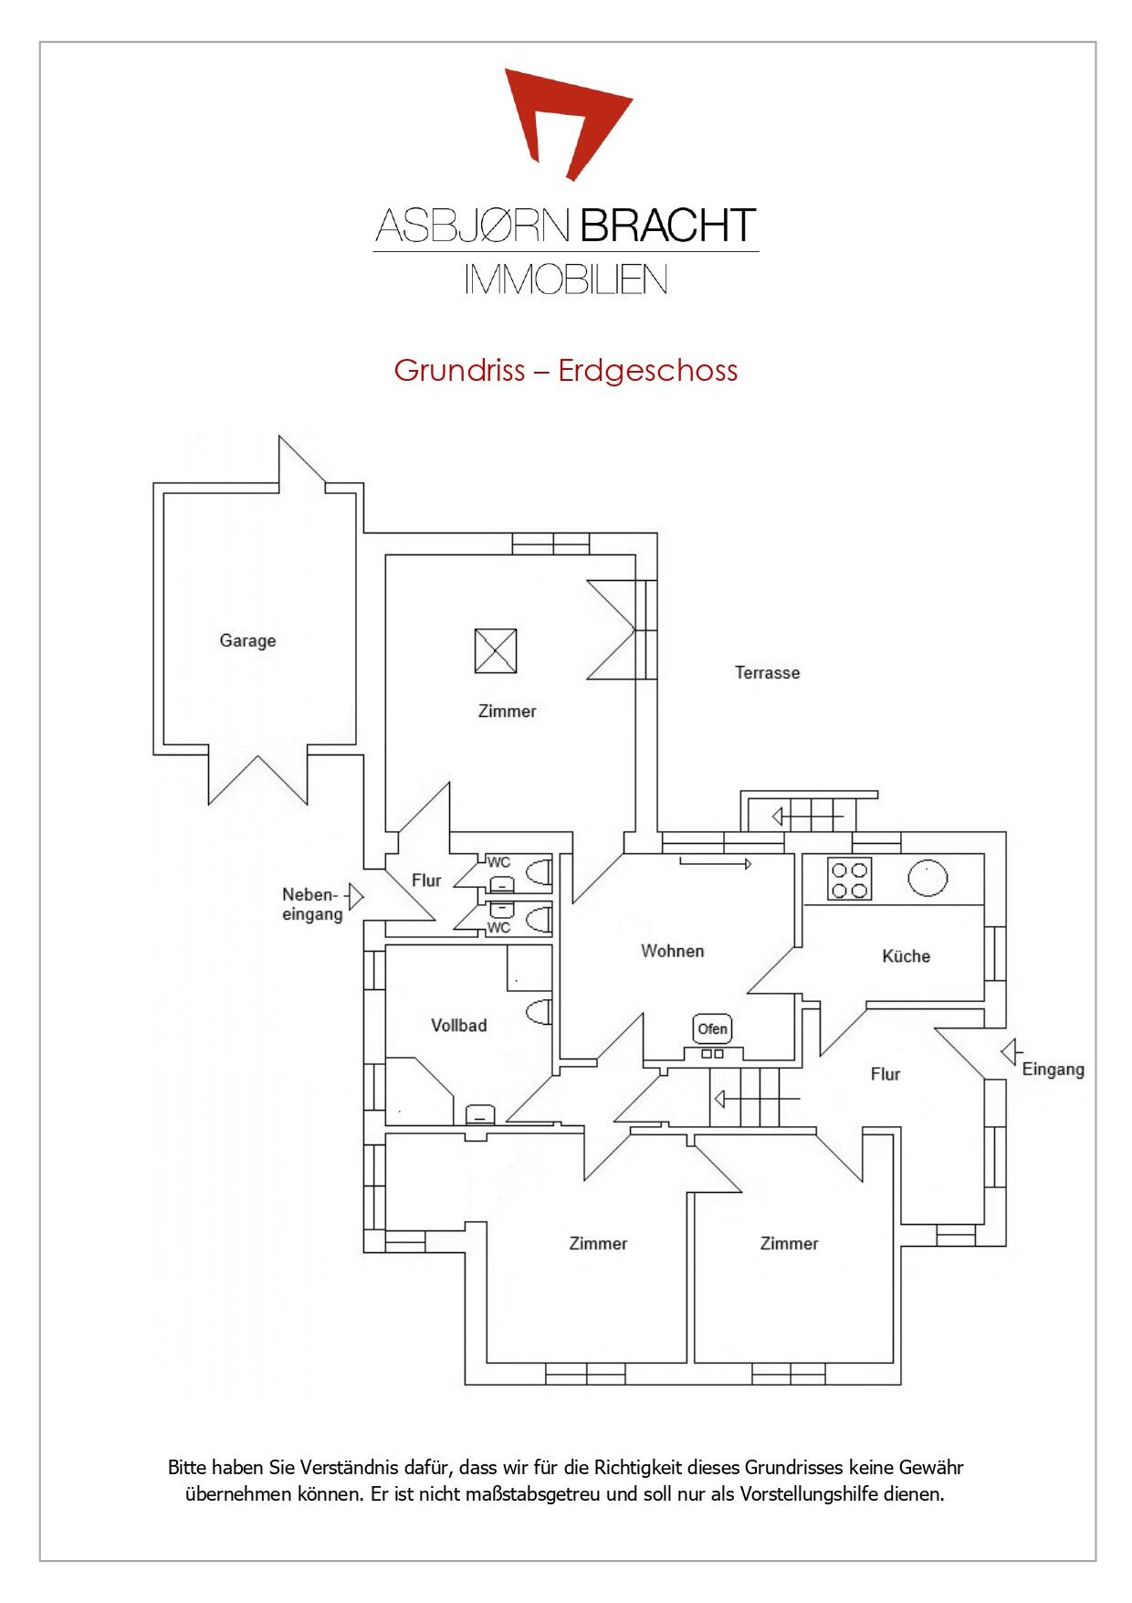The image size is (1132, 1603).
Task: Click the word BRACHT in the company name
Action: click(x=668, y=226)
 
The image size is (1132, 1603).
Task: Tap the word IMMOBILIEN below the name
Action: click(x=566, y=279)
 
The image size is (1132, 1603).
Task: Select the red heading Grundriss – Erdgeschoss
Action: click(x=566, y=371)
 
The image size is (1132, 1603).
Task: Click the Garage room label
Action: click(x=247, y=641)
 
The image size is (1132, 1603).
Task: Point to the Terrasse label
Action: click(x=768, y=673)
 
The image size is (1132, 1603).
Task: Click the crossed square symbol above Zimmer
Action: click(x=496, y=650)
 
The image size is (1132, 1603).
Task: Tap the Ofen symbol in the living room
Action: click(x=712, y=1028)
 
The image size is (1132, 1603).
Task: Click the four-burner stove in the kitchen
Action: click(x=849, y=879)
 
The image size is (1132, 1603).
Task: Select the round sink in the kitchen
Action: click(x=928, y=879)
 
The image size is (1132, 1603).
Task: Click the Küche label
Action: click(x=907, y=956)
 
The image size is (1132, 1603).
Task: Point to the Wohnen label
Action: click(x=673, y=951)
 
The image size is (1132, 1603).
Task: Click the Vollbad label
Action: click(x=459, y=1026)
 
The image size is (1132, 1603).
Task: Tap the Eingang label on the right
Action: click(x=1053, y=1070)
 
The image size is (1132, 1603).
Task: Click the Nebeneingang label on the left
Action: click(x=312, y=904)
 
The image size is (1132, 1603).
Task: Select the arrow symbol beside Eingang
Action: click(x=1010, y=1052)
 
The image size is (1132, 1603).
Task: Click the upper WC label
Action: click(x=498, y=862)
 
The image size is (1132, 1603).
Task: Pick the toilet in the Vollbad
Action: click(x=540, y=1012)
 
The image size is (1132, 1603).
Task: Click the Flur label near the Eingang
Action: click(x=886, y=1074)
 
